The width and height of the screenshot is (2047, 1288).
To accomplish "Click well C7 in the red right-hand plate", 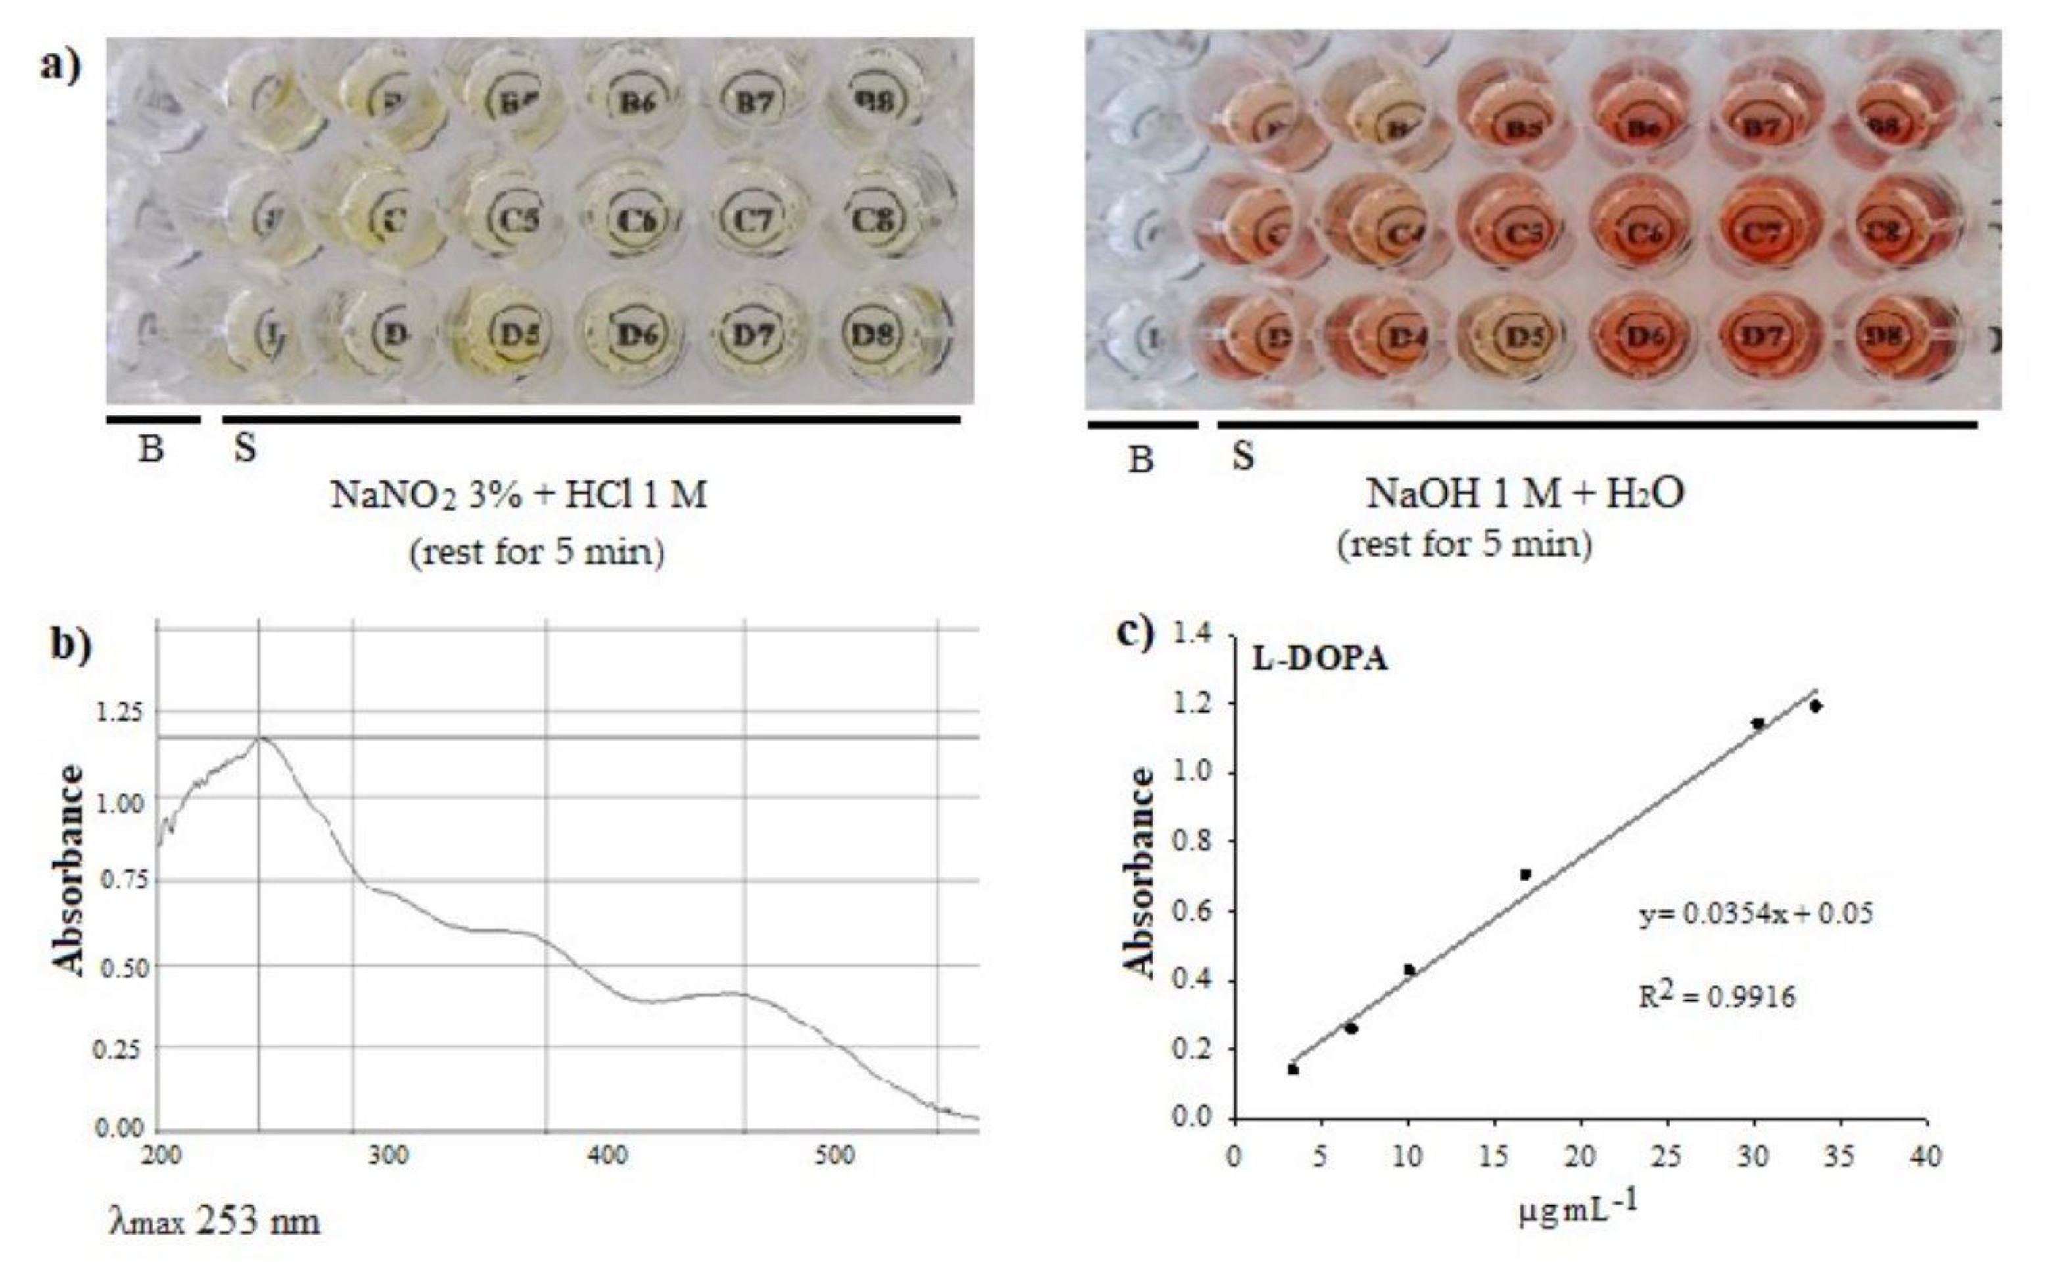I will tap(1763, 231).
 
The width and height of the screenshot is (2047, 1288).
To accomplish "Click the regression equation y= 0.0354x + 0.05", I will tap(1756, 914).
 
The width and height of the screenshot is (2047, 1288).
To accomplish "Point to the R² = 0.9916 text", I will tap(1717, 996).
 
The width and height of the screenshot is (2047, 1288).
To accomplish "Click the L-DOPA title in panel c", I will tap(1320, 658).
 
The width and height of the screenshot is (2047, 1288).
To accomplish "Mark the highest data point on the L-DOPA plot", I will tap(1815, 706).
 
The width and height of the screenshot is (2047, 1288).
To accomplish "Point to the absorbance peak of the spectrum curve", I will tap(260, 737).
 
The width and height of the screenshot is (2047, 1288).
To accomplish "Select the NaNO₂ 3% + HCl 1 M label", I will tap(519, 494).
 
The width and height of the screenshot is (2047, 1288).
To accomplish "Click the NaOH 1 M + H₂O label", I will tap(1524, 493).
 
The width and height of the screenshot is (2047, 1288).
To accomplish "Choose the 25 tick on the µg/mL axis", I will tap(1667, 1157).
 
